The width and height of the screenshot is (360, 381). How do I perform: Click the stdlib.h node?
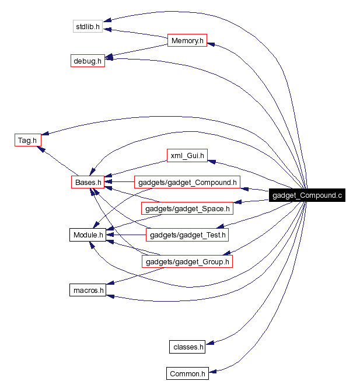click(88, 26)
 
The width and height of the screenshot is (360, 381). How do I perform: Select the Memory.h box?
click(187, 41)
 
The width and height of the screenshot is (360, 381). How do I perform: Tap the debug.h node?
click(88, 61)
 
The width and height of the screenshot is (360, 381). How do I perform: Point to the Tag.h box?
click(27, 140)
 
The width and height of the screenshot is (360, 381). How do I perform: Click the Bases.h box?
click(88, 183)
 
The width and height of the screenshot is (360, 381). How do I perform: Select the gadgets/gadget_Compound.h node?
click(187, 183)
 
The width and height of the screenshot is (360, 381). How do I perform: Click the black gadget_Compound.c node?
click(307, 195)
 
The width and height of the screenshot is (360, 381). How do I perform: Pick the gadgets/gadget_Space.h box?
click(187, 208)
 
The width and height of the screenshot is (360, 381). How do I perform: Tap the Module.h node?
click(88, 235)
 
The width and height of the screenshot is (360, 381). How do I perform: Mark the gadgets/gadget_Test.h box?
click(187, 235)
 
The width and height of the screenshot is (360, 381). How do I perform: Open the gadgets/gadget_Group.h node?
click(187, 262)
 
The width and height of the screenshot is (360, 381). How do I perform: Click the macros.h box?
click(88, 289)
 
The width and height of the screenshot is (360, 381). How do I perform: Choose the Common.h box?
click(187, 373)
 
